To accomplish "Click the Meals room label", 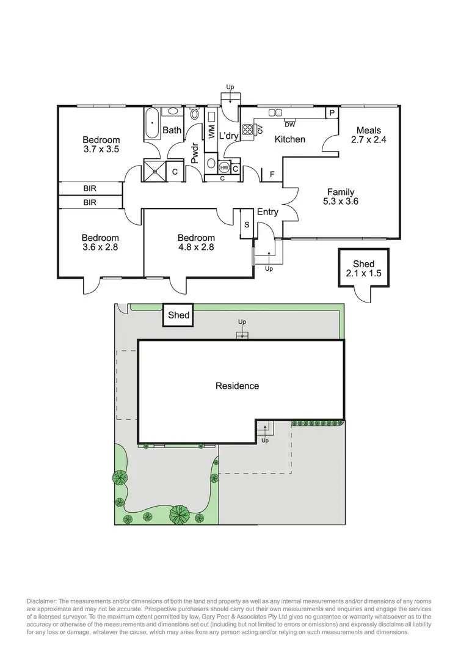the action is click(369, 130).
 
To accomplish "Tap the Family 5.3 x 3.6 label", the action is click(340, 193).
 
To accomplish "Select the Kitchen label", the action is click(289, 139).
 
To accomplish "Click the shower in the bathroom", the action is click(154, 171).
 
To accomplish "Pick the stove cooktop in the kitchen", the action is click(249, 129).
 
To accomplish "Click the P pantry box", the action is click(332, 113).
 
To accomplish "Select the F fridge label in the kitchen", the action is click(272, 175).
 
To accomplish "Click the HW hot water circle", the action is click(224, 167).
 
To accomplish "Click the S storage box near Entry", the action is click(247, 225).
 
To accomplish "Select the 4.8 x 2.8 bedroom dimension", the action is click(196, 248).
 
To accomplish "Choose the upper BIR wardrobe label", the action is click(90, 189).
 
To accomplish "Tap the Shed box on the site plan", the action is click(179, 315).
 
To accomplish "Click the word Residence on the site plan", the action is click(237, 386).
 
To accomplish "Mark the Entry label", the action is click(267, 212).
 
